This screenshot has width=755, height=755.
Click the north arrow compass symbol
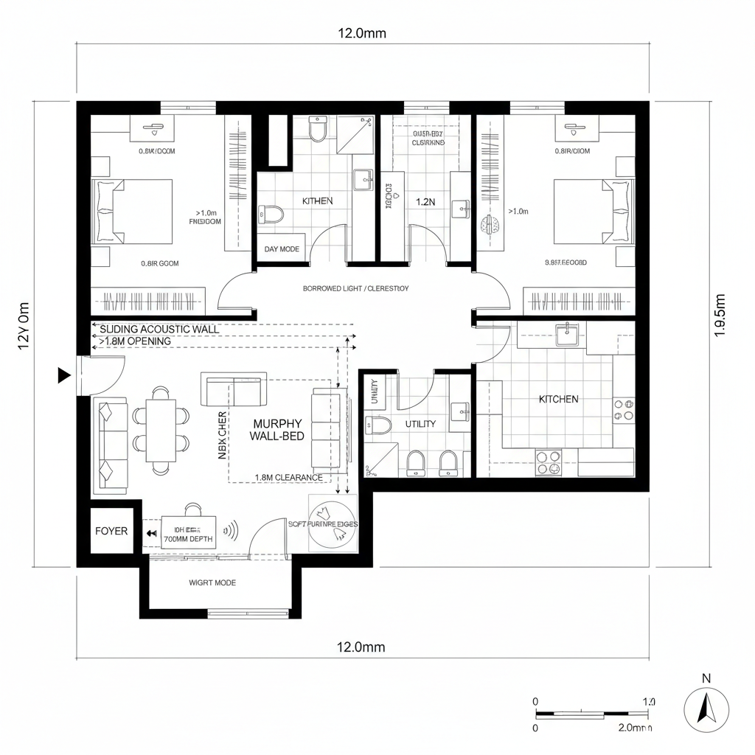pyautogui.click(x=706, y=710)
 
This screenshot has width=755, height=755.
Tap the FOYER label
pyautogui.click(x=111, y=531)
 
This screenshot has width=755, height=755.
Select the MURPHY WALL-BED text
pyautogui.click(x=277, y=430)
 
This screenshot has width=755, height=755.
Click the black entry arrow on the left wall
pyautogui.click(x=64, y=376)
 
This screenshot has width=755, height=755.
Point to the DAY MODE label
pyautogui.click(x=282, y=249)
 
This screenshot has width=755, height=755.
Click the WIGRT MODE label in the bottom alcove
pyautogui.click(x=212, y=582)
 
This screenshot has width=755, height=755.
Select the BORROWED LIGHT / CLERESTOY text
pyautogui.click(x=355, y=288)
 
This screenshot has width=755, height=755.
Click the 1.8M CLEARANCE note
pyautogui.click(x=288, y=477)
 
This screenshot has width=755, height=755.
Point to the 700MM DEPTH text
pyautogui.click(x=188, y=539)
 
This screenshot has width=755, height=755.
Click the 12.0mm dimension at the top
pyautogui.click(x=361, y=33)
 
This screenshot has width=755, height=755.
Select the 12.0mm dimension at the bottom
pyautogui.click(x=361, y=647)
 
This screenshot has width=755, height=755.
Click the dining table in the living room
pyautogui.click(x=161, y=430)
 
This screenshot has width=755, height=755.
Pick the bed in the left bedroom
pyautogui.click(x=133, y=212)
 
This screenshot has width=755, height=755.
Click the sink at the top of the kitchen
pyautogui.click(x=567, y=334)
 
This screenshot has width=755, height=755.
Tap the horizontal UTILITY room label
pyautogui.click(x=420, y=424)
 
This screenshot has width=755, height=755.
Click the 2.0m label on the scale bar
pyautogui.click(x=634, y=728)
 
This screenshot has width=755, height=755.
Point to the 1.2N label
pyautogui.click(x=425, y=201)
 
